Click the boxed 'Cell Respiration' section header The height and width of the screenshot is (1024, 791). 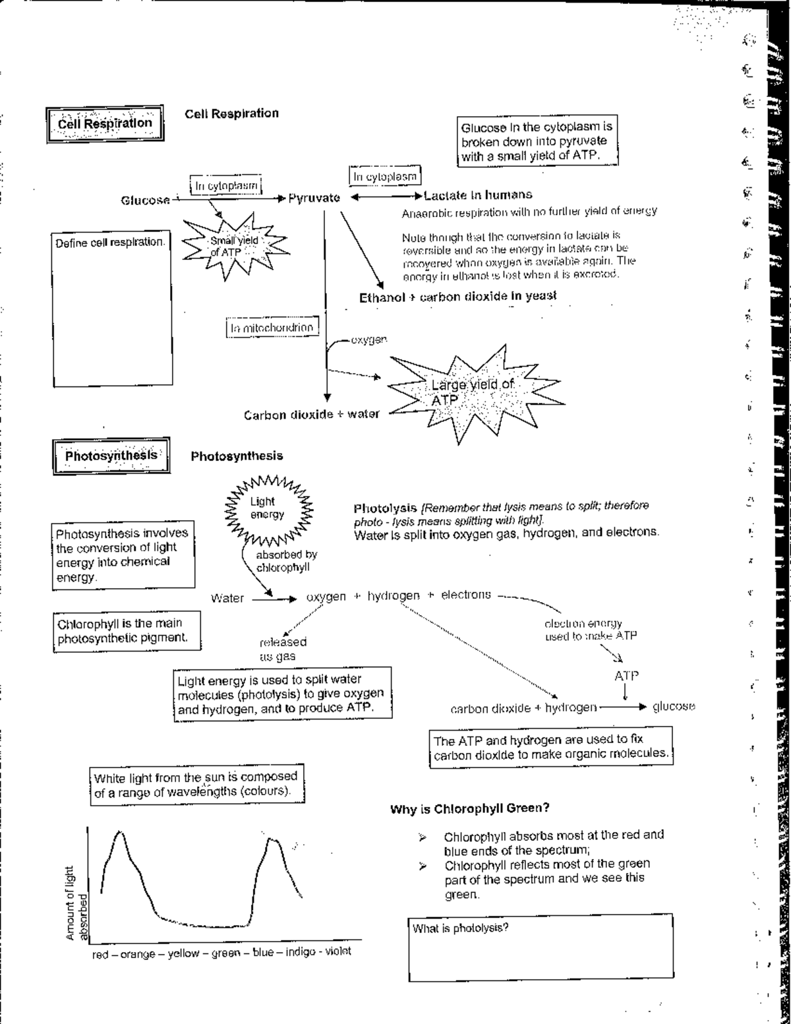tap(105, 123)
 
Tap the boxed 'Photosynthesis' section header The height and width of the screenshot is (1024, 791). tap(111, 456)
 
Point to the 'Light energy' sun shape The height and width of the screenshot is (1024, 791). tap(267, 508)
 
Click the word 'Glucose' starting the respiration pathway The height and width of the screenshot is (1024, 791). tap(145, 200)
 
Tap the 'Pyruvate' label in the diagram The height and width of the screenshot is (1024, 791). tap(314, 198)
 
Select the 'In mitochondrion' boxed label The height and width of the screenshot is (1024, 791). tap(272, 328)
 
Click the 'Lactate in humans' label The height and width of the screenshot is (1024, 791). tap(478, 195)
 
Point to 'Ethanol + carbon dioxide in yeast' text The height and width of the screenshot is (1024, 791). tap(457, 297)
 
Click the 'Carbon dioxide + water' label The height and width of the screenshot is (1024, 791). tap(311, 415)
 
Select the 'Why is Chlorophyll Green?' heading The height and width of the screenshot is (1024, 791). tap(470, 808)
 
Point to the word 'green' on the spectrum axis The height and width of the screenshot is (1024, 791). tap(225, 953)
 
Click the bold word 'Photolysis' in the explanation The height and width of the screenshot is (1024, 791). tap(385, 508)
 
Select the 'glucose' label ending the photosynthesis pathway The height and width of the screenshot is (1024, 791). tap(673, 707)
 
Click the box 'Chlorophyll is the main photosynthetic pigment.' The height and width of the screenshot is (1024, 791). tap(127, 630)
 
